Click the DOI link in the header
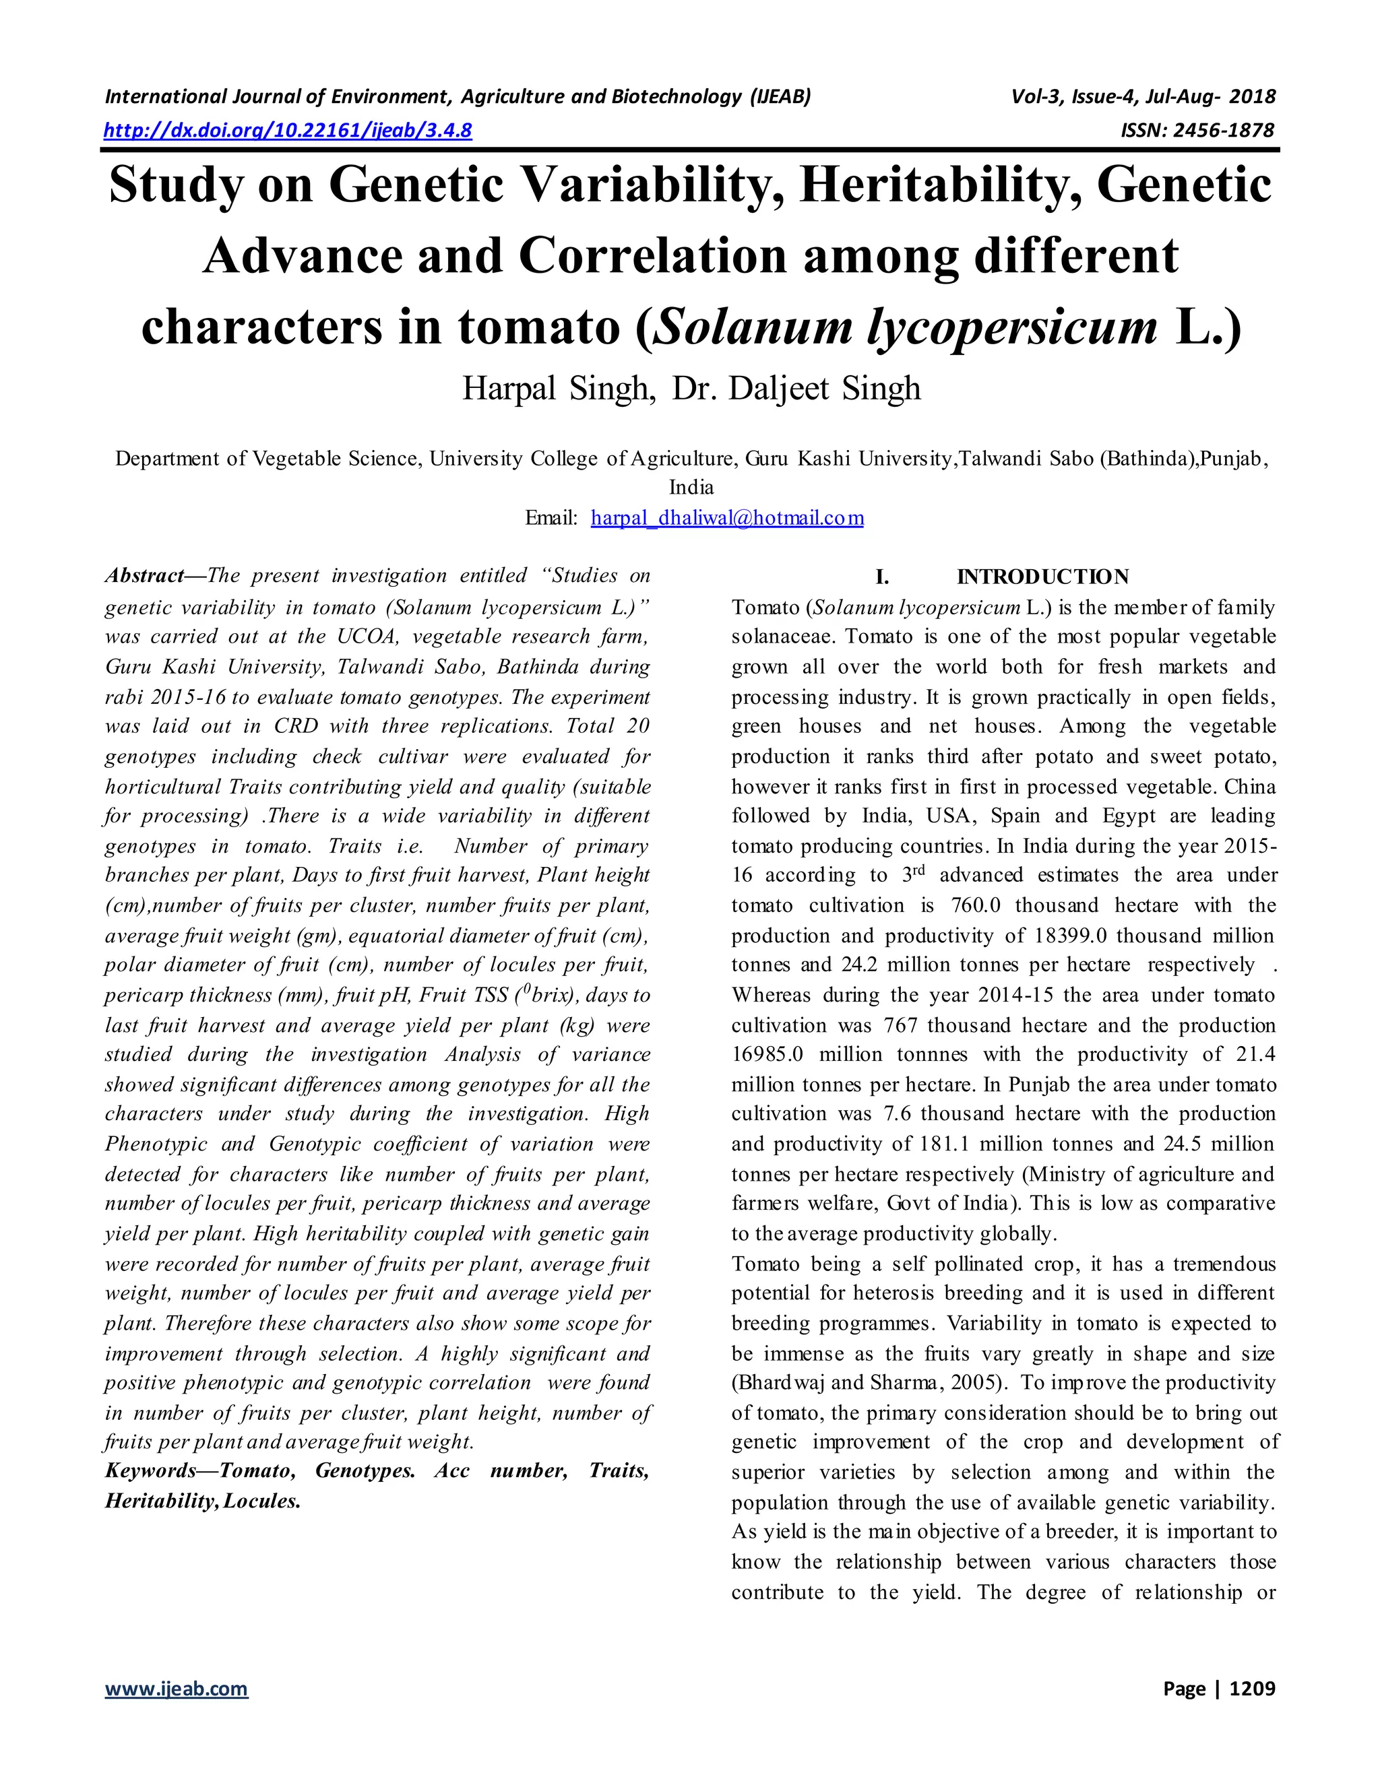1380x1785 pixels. coord(288,130)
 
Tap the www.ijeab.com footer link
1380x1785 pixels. coord(176,1689)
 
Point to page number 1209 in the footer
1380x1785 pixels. coord(1252,1689)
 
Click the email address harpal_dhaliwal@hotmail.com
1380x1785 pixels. coord(727,518)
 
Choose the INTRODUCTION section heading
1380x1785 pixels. coord(1042,577)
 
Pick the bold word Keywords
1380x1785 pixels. coord(150,1471)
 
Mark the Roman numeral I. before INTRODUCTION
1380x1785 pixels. coord(882,577)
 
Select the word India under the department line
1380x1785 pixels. coord(691,488)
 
